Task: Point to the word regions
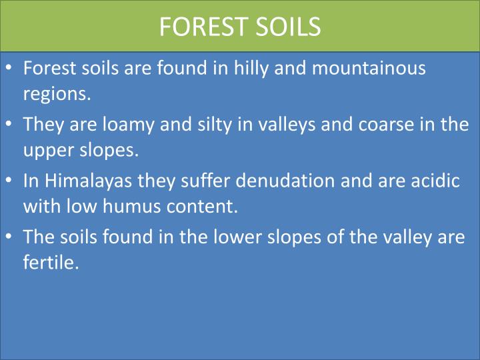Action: tap(56, 93)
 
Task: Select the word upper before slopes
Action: tap(47, 150)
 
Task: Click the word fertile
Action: tap(50, 262)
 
